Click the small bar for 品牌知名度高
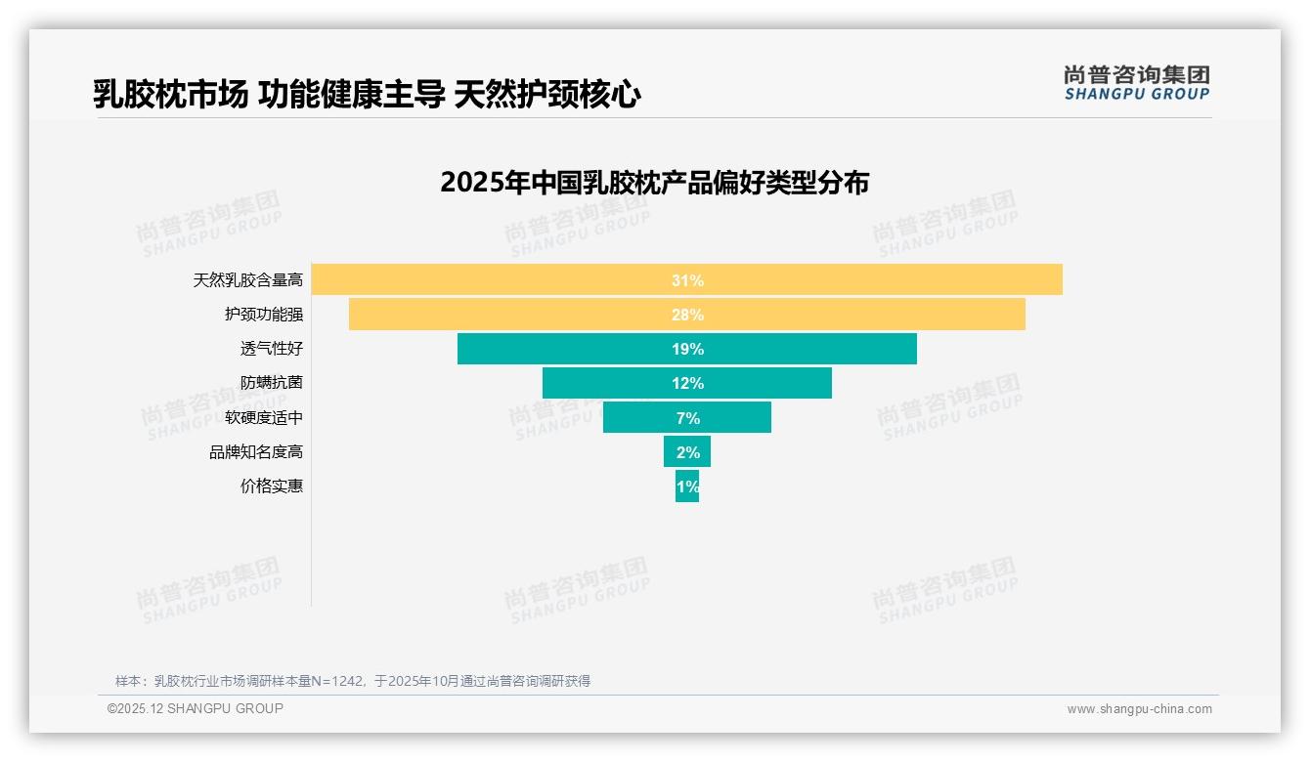point(687,451)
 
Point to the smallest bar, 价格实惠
point(687,487)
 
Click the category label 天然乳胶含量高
point(248,280)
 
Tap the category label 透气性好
point(272,349)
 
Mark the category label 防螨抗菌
point(272,383)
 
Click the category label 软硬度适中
point(264,417)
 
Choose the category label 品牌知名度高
point(256,452)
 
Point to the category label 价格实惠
point(272,487)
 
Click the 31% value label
point(687,280)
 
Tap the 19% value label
point(687,349)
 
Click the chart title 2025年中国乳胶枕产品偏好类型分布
point(654,183)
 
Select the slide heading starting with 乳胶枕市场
point(367,95)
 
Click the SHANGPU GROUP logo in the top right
point(1137,83)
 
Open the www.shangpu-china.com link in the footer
point(1139,709)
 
